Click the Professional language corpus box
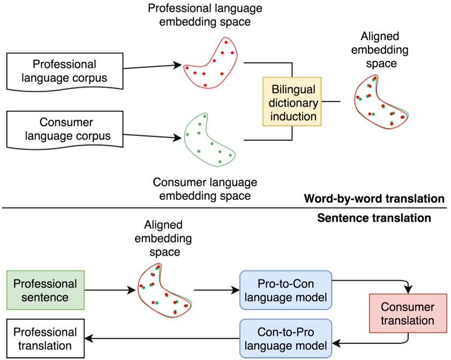point(64,72)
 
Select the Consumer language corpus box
point(64,130)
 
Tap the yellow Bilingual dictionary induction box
point(292,102)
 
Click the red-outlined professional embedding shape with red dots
point(210,63)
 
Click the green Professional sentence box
point(45,290)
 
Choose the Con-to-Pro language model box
point(285,338)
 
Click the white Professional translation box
point(45,339)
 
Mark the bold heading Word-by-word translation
point(374,199)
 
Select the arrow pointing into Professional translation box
point(161,338)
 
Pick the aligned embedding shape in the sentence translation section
point(164,289)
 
